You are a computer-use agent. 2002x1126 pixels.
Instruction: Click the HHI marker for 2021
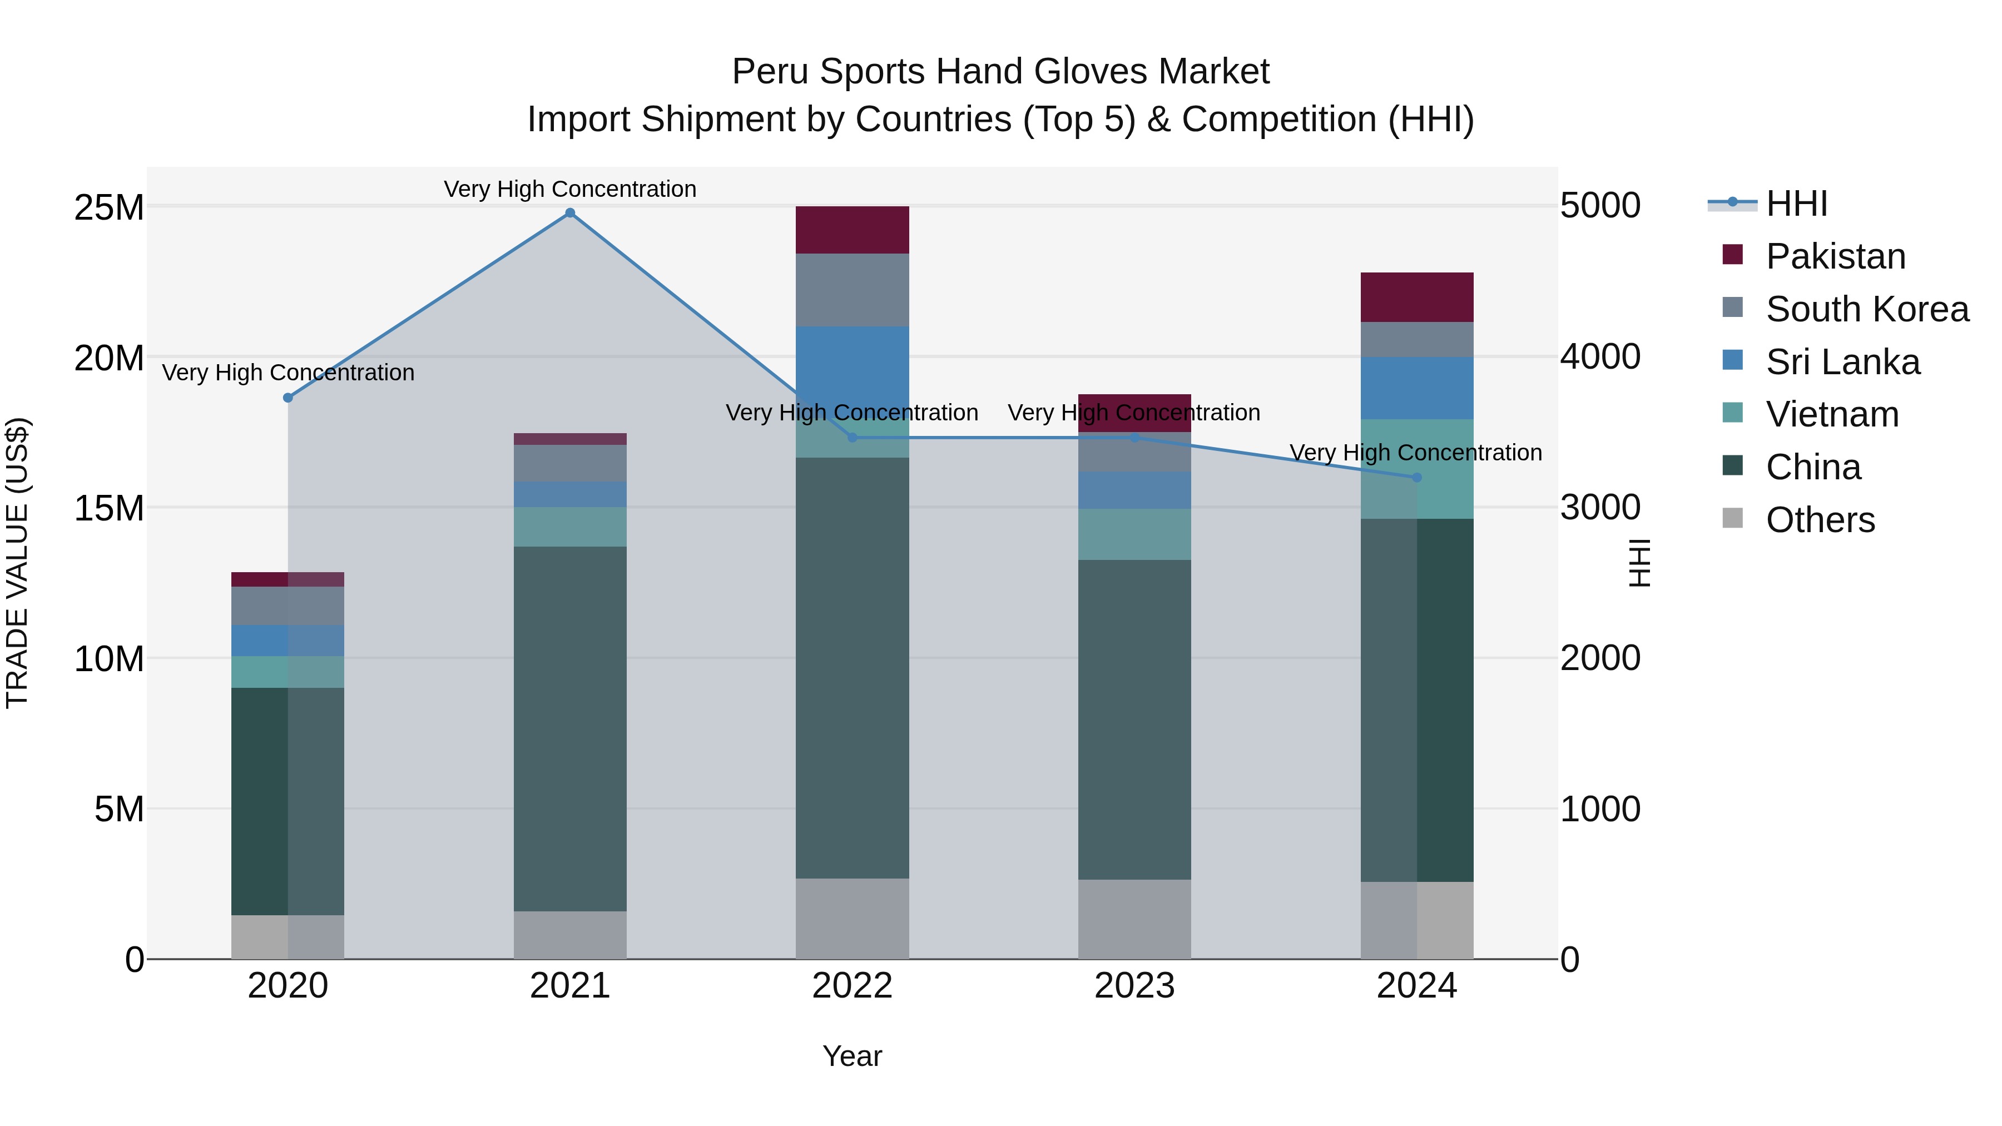point(569,213)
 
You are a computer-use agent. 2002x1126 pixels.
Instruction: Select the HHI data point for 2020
point(288,398)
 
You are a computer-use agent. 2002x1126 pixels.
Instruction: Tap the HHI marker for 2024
point(1416,478)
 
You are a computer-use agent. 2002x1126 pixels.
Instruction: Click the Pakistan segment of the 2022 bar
point(852,230)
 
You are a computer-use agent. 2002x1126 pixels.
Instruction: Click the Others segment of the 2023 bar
point(1134,919)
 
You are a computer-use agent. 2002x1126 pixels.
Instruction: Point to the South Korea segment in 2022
point(852,290)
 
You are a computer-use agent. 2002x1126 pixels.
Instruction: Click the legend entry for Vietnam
point(1831,414)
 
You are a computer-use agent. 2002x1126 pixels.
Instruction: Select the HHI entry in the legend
point(1795,204)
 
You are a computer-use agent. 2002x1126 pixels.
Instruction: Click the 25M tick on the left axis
point(109,207)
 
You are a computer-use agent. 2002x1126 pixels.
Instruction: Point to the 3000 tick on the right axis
point(1599,508)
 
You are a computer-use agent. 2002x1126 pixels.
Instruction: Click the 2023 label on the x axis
point(1134,986)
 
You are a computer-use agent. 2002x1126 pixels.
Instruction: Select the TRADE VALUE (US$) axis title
point(17,563)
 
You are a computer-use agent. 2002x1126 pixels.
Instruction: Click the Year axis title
point(852,1056)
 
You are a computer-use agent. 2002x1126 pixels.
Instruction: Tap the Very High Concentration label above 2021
point(569,189)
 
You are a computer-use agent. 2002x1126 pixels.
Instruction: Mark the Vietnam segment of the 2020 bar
point(288,672)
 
